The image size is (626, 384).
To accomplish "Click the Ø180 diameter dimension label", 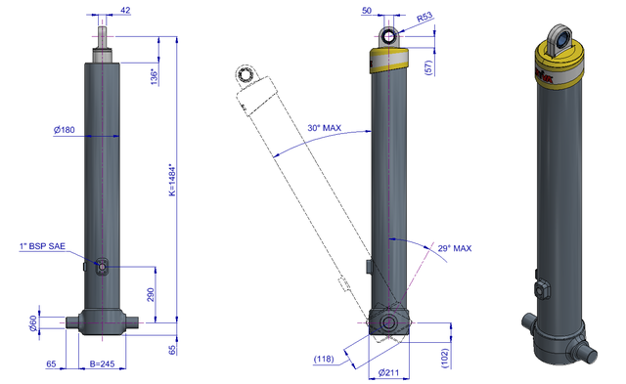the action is click(x=65, y=130).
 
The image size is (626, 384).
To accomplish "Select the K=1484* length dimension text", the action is click(x=172, y=180).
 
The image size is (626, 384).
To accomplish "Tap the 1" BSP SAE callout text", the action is click(x=42, y=246).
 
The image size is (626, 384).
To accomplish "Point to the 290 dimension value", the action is click(x=150, y=295).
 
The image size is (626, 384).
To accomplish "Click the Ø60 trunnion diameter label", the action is click(x=33, y=323).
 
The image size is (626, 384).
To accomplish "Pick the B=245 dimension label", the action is click(x=102, y=363).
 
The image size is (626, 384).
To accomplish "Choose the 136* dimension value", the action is click(x=155, y=76).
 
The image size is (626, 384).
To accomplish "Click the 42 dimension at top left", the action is click(x=125, y=10).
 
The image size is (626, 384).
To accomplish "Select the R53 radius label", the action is click(x=425, y=18).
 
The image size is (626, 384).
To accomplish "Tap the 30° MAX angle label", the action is click(x=324, y=128).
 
